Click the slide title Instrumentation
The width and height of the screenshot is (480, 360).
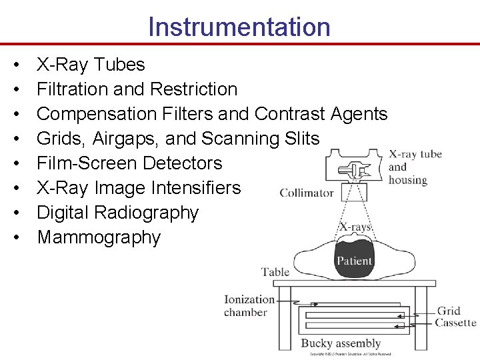click(239, 27)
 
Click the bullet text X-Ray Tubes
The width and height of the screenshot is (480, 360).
click(91, 65)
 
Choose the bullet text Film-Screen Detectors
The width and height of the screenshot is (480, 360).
click(129, 163)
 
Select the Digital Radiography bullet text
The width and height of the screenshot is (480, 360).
click(117, 213)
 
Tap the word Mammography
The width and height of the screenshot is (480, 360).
click(99, 237)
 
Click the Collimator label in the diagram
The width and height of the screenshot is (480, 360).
click(306, 193)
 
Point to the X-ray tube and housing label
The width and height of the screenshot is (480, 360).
click(415, 167)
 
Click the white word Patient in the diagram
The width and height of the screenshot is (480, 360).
click(354, 261)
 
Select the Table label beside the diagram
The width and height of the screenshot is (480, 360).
click(275, 271)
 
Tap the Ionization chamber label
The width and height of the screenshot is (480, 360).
click(249, 306)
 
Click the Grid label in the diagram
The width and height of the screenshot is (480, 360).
click(449, 311)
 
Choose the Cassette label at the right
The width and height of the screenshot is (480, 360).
click(455, 323)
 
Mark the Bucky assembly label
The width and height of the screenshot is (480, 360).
click(341, 343)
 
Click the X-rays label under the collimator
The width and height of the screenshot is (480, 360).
click(355, 227)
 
